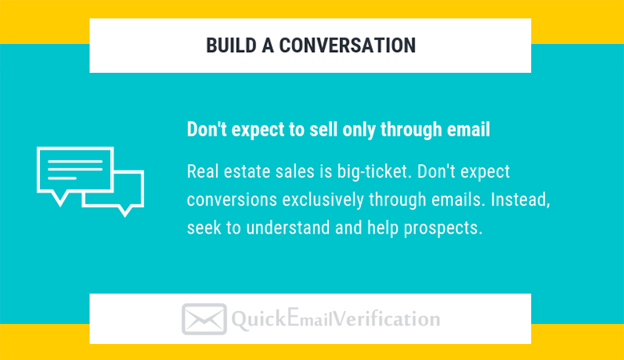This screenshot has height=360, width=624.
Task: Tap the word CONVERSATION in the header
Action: (x=347, y=46)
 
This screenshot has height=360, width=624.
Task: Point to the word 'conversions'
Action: (x=232, y=200)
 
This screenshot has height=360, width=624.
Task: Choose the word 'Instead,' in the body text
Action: (x=520, y=200)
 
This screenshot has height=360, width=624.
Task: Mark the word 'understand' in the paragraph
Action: (x=288, y=228)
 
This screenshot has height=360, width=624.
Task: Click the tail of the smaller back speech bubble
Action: (x=126, y=212)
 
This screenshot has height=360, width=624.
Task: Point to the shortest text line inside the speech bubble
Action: (x=62, y=178)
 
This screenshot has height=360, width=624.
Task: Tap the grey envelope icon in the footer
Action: (x=204, y=319)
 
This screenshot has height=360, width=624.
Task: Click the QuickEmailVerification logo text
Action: (x=335, y=319)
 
